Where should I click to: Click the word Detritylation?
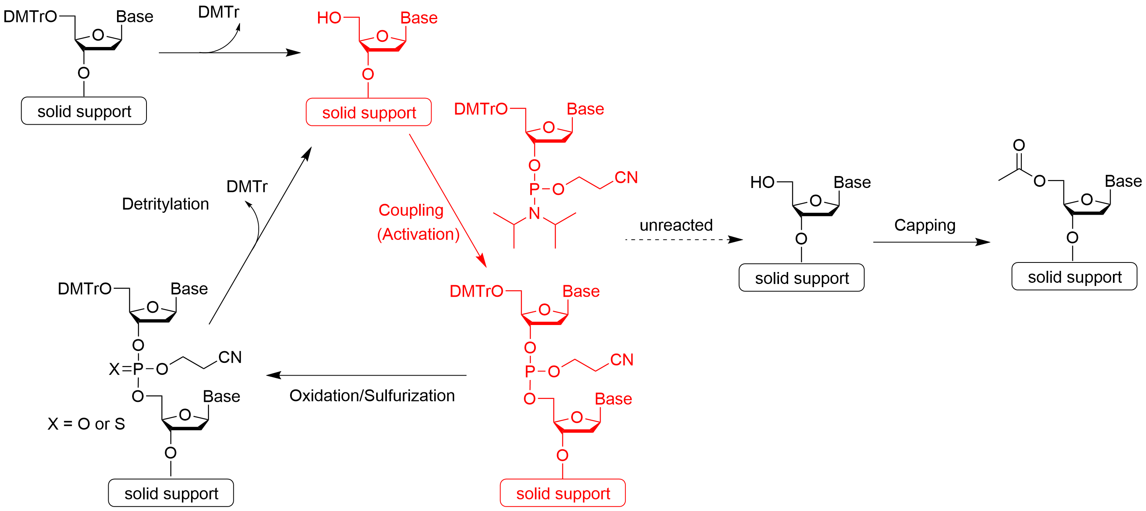[x=165, y=204]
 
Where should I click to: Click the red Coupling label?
[x=411, y=210]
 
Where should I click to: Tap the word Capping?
[x=924, y=225]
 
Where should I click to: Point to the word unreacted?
[x=676, y=225]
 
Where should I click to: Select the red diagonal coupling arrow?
[x=447, y=200]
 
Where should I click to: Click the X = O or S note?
[x=86, y=424]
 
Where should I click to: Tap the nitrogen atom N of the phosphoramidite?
[x=534, y=213]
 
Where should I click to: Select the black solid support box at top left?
[x=84, y=111]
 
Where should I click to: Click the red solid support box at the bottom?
[x=563, y=493]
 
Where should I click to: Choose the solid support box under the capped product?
[x=1074, y=277]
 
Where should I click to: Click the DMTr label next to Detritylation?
[x=247, y=186]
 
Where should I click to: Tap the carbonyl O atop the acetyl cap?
[x=1019, y=145]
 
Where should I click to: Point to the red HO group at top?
[x=329, y=18]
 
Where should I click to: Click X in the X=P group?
[x=114, y=369]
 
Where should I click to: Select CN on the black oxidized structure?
[x=230, y=357]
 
